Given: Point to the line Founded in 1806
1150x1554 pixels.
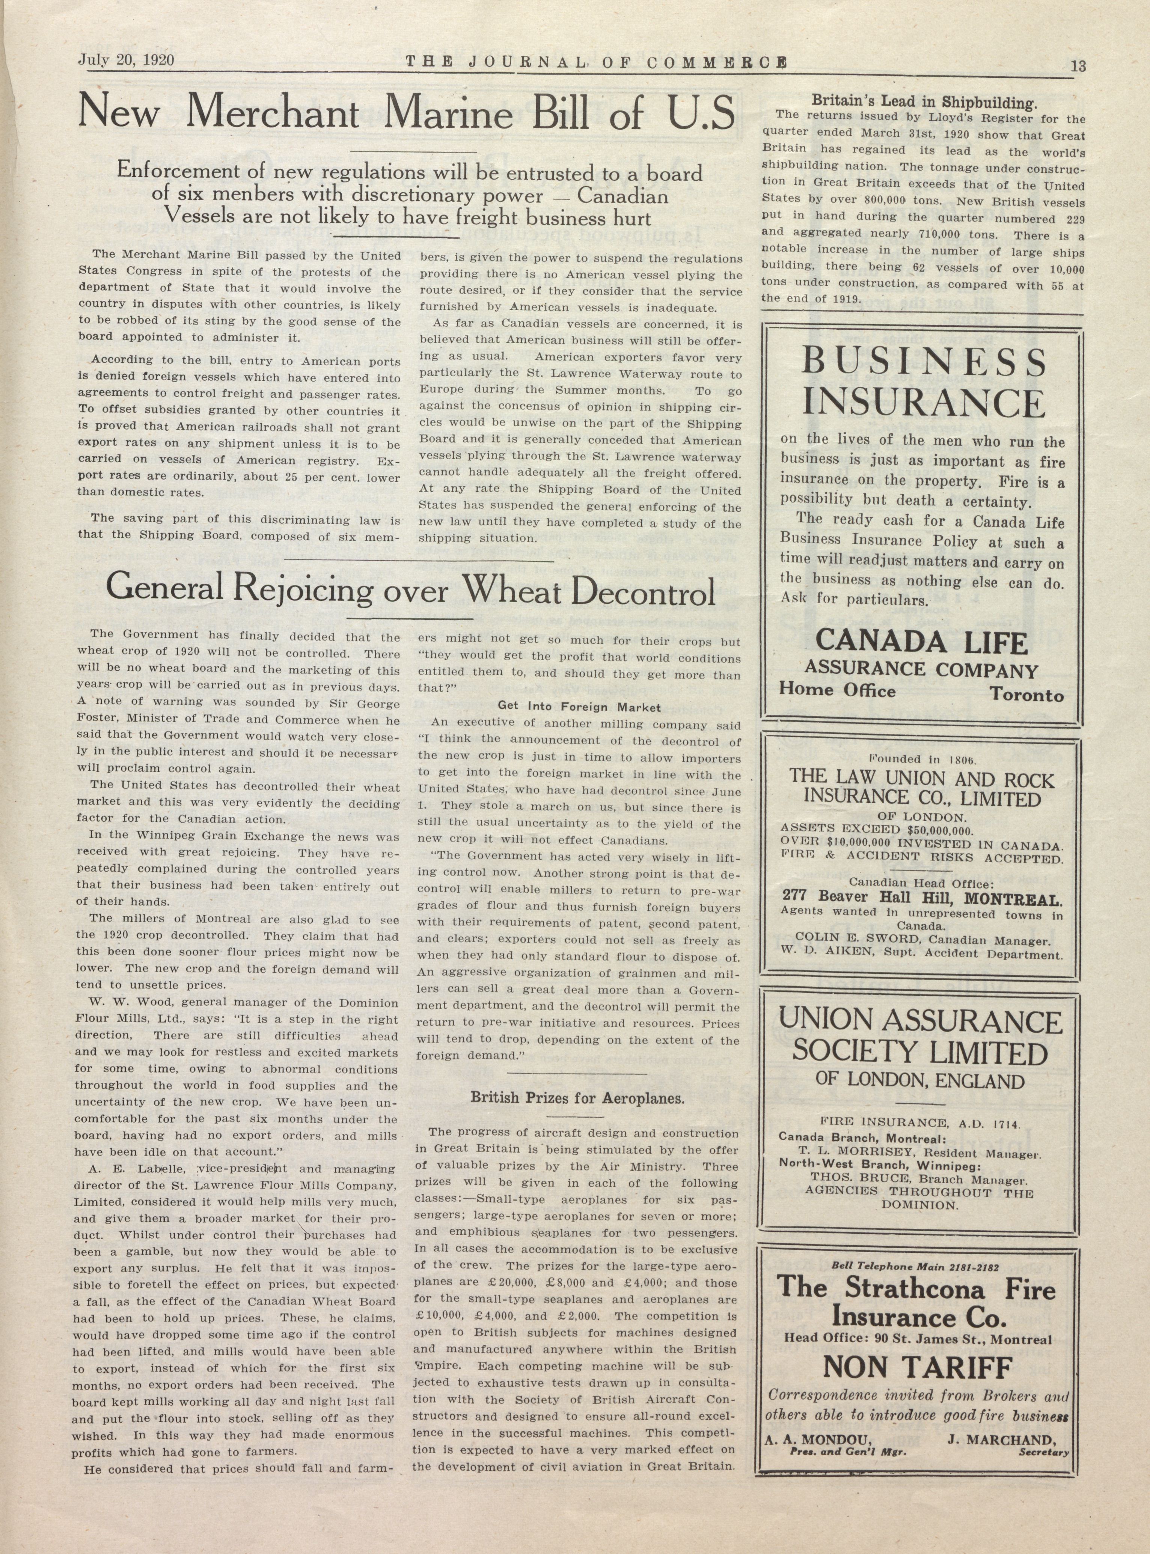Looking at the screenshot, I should pos(923,758).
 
